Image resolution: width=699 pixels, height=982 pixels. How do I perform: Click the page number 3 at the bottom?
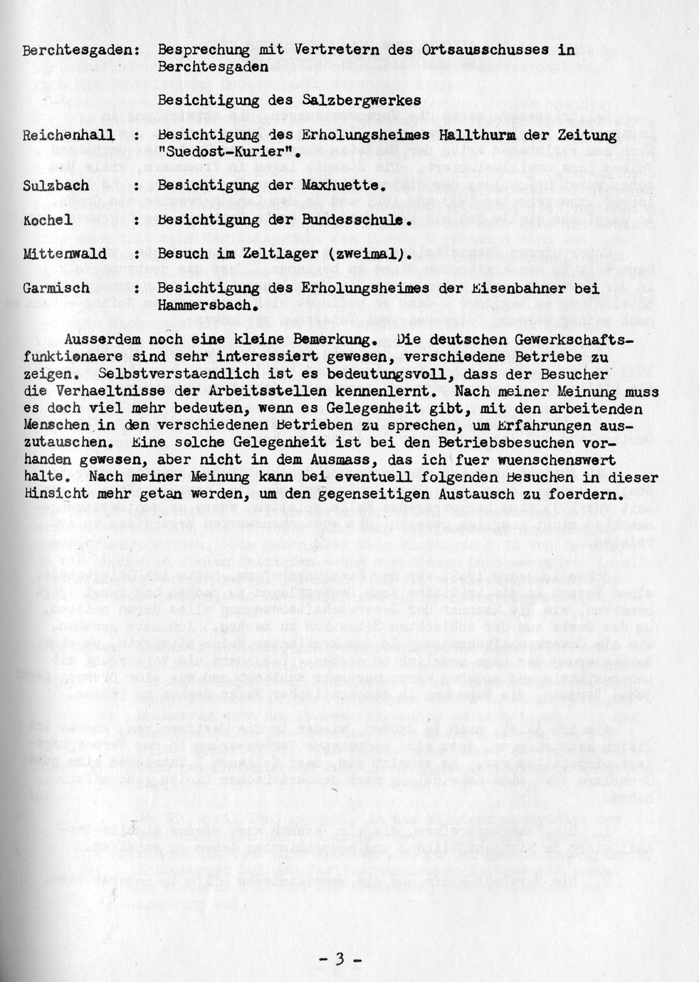point(340,959)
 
